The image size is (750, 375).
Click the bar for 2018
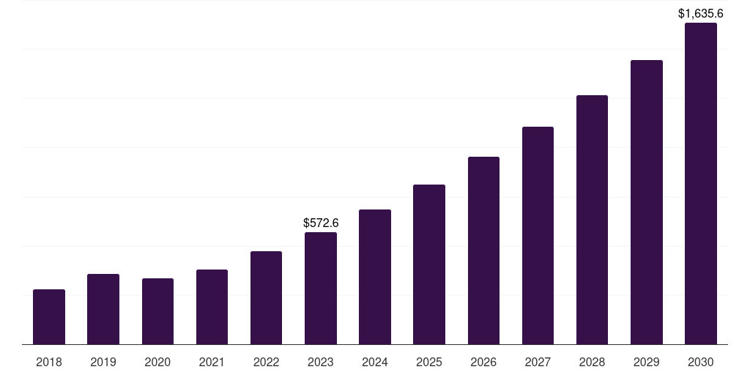click(x=49, y=316)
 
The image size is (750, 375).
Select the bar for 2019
click(x=103, y=309)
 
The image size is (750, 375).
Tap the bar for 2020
click(x=157, y=311)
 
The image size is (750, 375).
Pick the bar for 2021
click(x=212, y=307)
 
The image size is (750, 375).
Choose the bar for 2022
click(x=266, y=297)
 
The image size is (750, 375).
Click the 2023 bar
click(x=321, y=288)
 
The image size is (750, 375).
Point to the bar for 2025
click(x=429, y=264)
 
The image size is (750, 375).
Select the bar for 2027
click(x=538, y=235)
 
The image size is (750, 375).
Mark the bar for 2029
click(x=647, y=202)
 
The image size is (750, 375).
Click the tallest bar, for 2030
click(x=701, y=183)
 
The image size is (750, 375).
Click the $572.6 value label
click(x=321, y=223)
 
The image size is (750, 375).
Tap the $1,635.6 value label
click(x=701, y=13)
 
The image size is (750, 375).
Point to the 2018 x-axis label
click(x=49, y=362)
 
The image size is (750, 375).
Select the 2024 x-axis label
click(x=375, y=362)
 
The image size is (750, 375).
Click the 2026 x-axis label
click(x=483, y=362)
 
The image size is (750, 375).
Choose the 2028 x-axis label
click(x=592, y=362)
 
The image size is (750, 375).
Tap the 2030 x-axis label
click(x=701, y=362)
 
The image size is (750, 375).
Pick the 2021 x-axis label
click(x=212, y=362)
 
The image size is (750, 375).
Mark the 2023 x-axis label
click(x=321, y=362)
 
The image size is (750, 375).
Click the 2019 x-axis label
click(x=103, y=362)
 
